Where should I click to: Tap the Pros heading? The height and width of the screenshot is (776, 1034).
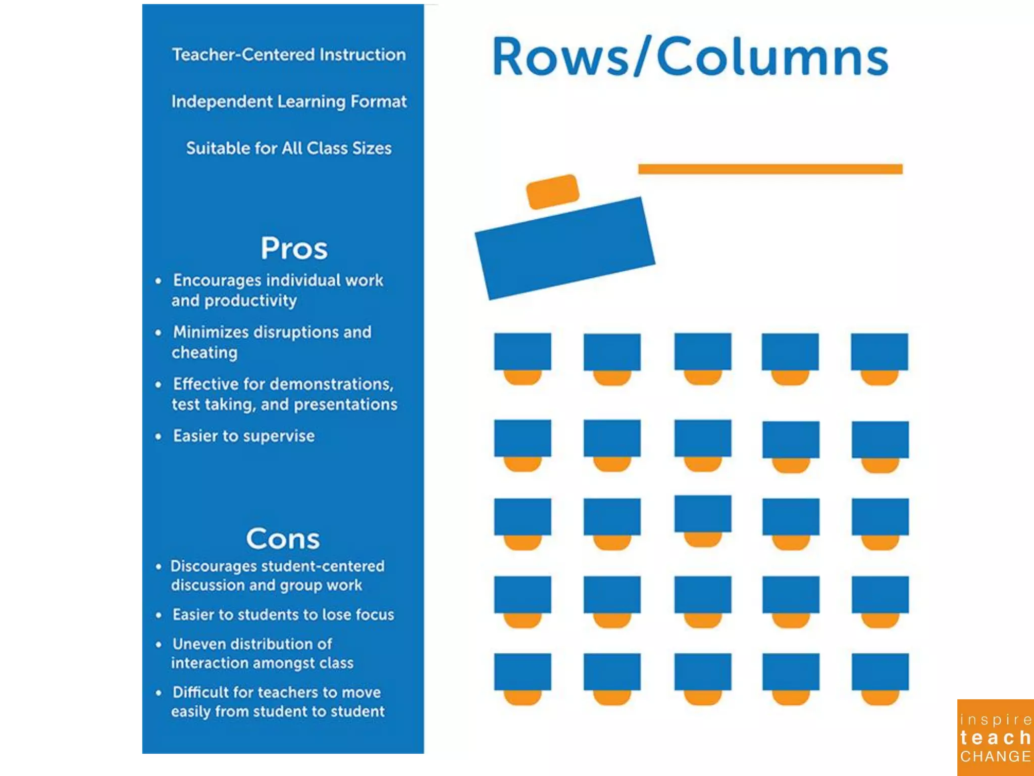(x=294, y=248)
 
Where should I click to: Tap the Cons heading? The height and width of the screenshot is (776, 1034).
(x=283, y=539)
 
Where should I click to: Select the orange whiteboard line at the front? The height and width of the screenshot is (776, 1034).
(x=770, y=169)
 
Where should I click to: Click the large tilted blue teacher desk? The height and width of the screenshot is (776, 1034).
(x=565, y=248)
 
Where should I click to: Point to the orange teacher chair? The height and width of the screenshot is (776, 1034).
(x=552, y=191)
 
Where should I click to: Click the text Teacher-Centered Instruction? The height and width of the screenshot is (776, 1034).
(x=289, y=54)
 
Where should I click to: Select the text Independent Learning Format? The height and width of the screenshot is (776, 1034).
(x=289, y=101)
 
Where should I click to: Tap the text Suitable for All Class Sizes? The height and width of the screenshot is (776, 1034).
(x=289, y=148)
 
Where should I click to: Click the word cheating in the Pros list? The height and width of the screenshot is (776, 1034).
(x=204, y=352)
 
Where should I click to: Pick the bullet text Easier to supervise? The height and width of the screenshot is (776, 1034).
(x=244, y=435)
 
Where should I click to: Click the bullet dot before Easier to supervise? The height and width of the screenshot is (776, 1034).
(x=159, y=436)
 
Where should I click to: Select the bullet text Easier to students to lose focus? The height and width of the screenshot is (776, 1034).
(x=283, y=614)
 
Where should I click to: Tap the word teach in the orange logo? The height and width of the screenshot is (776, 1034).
(x=995, y=738)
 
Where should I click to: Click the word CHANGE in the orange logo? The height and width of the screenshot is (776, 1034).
(x=995, y=756)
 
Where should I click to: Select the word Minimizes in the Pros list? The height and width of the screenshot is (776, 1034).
(x=211, y=332)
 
